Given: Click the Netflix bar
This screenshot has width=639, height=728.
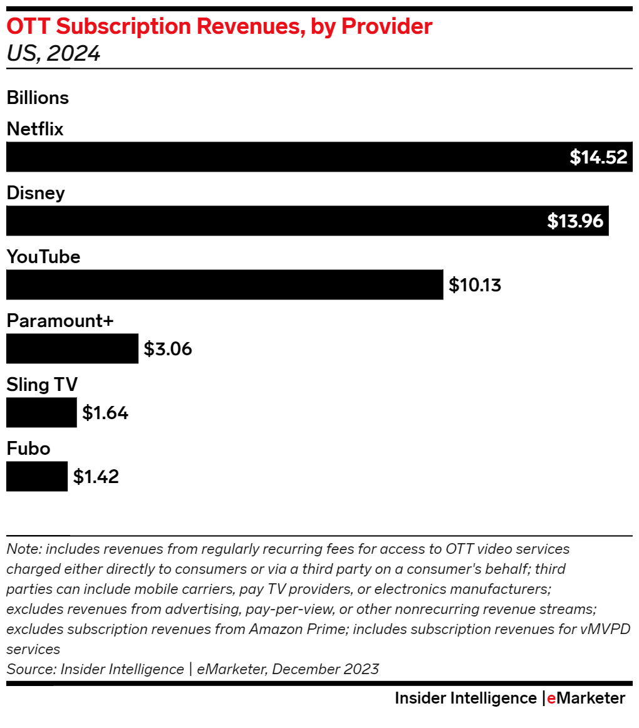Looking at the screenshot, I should click(x=282, y=157).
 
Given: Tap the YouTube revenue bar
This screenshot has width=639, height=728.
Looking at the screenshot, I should click(x=224, y=284).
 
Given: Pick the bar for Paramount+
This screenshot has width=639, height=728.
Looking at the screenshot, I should click(x=72, y=348).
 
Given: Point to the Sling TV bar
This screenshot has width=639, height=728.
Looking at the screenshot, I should click(x=41, y=412).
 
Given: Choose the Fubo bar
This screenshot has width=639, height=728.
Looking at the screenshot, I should click(x=36, y=476).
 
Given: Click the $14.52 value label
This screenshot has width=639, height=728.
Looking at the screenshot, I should click(x=598, y=157).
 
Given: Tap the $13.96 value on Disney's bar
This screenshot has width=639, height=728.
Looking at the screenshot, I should click(x=575, y=221).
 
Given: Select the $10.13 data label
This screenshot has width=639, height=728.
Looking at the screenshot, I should click(x=475, y=285).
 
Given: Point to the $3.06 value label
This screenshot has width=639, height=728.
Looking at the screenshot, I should click(x=168, y=349).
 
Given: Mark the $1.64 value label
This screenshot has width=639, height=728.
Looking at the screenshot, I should click(x=105, y=413).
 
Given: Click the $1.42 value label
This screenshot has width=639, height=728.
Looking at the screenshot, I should click(x=96, y=477).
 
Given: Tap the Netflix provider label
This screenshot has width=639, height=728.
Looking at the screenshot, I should click(x=35, y=129).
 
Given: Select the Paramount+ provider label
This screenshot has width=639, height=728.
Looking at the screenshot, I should click(x=60, y=321).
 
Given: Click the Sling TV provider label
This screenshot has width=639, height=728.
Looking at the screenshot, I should click(x=42, y=385).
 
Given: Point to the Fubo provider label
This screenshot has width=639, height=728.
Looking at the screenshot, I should click(x=28, y=449).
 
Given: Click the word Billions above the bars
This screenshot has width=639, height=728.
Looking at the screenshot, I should click(x=38, y=98).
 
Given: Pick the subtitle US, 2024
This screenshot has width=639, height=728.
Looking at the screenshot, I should click(x=53, y=54).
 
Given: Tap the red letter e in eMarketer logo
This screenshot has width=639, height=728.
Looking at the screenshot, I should click(x=551, y=698).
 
